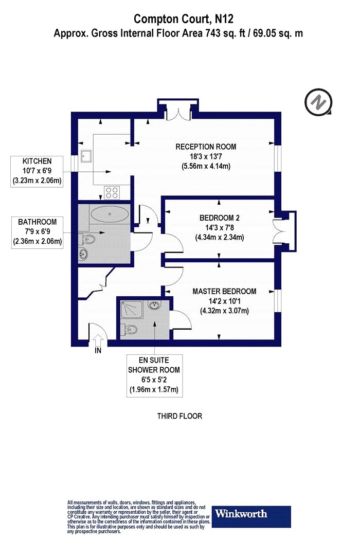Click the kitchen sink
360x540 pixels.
[86, 155]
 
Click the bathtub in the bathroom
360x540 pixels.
[109, 214]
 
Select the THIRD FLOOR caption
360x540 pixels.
[179, 416]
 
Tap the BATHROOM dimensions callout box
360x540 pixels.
[37, 232]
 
